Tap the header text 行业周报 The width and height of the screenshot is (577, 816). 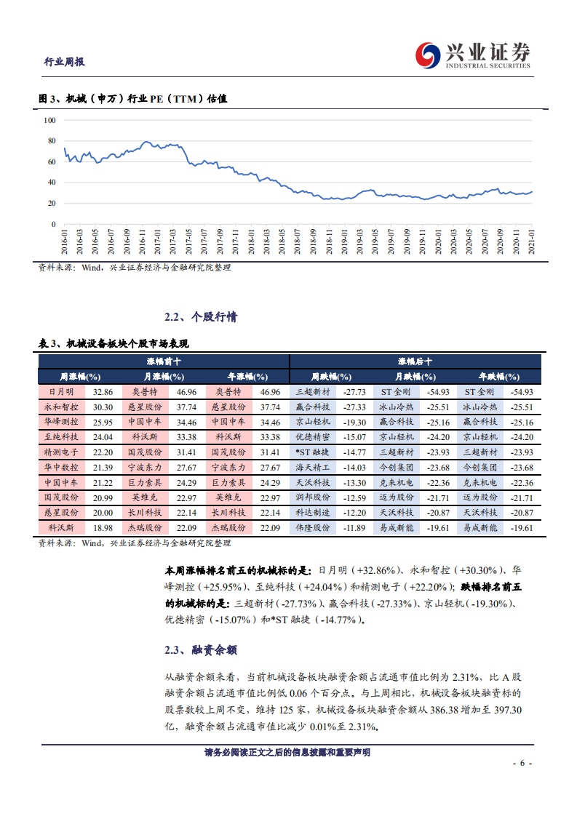pos(65,62)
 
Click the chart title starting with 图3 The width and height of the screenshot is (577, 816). pos(132,99)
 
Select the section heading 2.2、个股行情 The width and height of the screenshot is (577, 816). pos(200,318)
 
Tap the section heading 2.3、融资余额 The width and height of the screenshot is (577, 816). pos(200,649)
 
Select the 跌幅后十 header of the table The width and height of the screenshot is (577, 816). pos(415,361)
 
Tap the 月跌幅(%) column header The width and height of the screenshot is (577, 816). pos(415,377)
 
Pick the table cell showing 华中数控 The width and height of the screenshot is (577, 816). pos(61,468)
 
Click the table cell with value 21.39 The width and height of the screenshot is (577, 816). pos(103,468)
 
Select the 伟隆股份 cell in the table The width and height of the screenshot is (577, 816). pos(313,528)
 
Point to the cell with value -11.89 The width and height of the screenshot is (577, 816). pos(354,528)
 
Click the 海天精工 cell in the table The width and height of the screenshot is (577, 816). pos(313,468)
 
